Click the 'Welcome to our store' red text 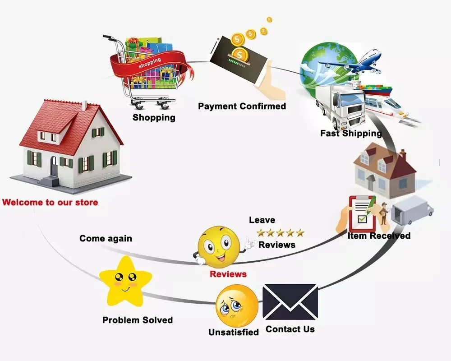tap(50, 202)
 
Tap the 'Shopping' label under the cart tap(154, 118)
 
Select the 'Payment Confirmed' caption tap(242, 106)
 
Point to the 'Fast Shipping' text tap(351, 133)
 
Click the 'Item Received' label tap(379, 236)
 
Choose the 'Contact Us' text tap(290, 329)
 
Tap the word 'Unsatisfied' tap(234, 332)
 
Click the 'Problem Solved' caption tap(138, 320)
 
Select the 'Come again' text tap(106, 238)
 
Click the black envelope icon tap(290, 302)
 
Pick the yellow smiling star tap(125, 281)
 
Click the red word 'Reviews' tap(228, 274)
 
